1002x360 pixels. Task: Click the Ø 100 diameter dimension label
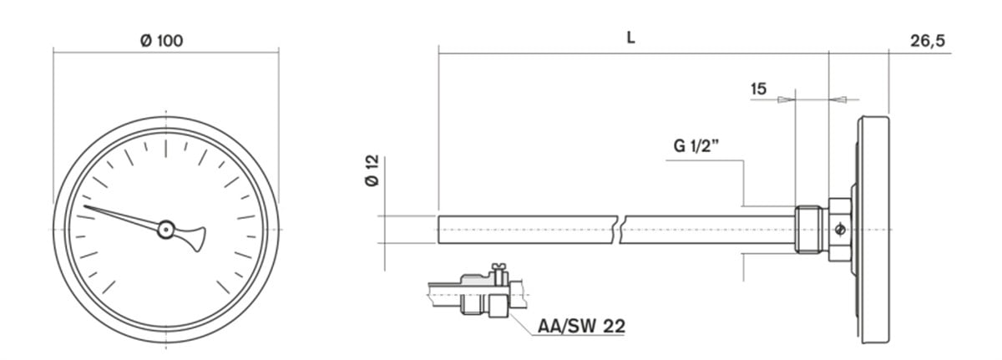161,41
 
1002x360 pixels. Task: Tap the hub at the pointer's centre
166,230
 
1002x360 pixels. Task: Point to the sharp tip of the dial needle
84,206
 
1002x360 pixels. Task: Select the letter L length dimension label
630,38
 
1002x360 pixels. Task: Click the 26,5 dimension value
928,41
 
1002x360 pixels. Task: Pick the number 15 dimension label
758,89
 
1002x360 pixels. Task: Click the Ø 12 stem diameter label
372,170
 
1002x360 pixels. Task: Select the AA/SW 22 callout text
581,326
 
